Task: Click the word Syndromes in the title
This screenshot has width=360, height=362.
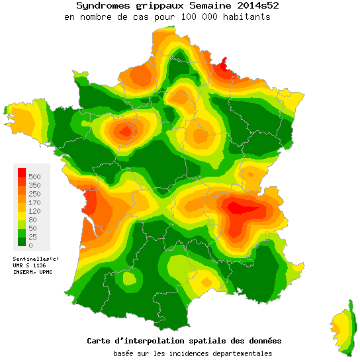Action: (99, 5)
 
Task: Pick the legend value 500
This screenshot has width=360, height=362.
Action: (35, 177)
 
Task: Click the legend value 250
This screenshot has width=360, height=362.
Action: (35, 194)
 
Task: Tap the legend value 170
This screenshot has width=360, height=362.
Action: (35, 203)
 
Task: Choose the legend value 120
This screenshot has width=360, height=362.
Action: (35, 211)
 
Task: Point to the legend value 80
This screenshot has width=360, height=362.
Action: (33, 220)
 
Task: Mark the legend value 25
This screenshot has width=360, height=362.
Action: (33, 237)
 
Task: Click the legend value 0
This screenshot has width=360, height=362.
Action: (30, 246)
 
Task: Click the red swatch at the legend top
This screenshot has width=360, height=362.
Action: (21, 173)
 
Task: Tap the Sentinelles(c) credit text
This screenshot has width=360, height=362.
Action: (36, 258)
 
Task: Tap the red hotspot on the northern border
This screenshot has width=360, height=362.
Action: (226, 66)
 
